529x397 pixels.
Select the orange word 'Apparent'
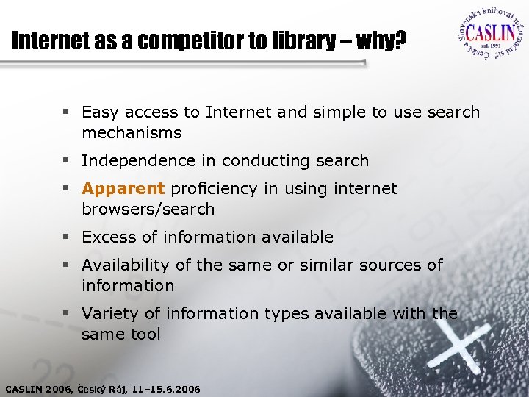pyautogui.click(x=123, y=188)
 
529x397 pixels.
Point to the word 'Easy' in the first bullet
pyautogui.click(x=99, y=112)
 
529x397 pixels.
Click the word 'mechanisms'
pyautogui.click(x=132, y=133)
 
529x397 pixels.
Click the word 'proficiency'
pyautogui.click(x=215, y=188)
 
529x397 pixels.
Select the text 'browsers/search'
pyautogui.click(x=148, y=209)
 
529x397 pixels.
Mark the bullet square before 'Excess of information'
pyautogui.click(x=66, y=237)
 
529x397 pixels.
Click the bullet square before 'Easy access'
pyautogui.click(x=66, y=113)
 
